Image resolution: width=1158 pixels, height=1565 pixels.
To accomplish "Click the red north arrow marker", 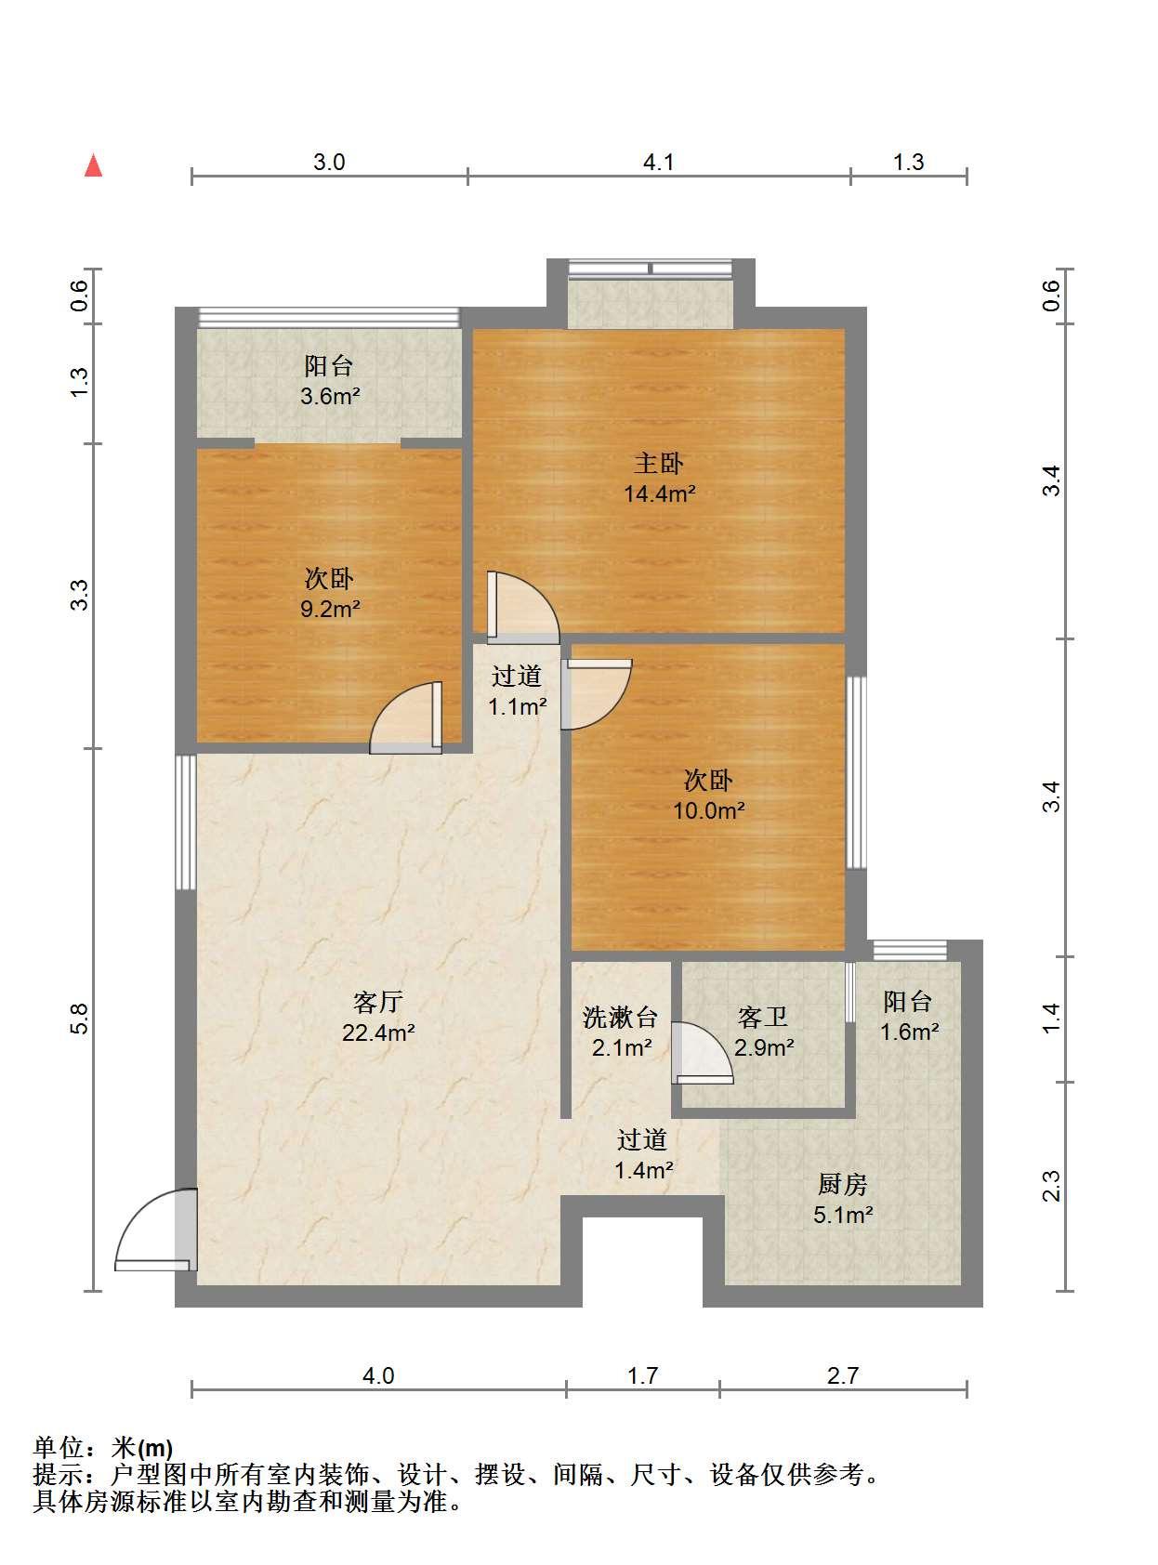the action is tap(93, 165).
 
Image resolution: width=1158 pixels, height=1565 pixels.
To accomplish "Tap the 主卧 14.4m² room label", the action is tap(659, 479).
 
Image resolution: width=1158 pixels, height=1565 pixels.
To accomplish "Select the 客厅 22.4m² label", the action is tap(378, 1017).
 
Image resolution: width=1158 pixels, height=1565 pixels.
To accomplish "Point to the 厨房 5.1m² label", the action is tap(843, 1199).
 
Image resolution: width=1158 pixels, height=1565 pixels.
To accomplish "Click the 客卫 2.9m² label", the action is tap(764, 1032).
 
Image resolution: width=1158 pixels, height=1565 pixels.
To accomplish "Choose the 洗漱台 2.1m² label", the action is tap(620, 1032).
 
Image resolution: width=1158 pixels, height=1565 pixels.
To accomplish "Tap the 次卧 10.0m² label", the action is tap(708, 796).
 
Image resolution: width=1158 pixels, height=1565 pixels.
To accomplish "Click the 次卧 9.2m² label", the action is tap(330, 594).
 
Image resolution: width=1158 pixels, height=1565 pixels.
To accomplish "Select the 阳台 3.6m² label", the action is tap(330, 381).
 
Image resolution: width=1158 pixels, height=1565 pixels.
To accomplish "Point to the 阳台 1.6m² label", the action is tap(909, 1017).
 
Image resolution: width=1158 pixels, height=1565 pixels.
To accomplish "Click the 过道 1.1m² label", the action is tap(518, 690).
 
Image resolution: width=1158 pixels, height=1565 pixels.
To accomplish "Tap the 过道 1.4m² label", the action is tap(643, 1154).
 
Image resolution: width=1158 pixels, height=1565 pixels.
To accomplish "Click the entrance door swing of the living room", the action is tap(151, 1230).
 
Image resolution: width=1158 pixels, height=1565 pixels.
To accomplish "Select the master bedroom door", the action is tap(523, 608).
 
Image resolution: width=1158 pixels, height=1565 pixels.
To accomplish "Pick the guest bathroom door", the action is tap(702, 1053).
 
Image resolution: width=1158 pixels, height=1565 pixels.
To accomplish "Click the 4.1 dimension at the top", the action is tap(658, 163).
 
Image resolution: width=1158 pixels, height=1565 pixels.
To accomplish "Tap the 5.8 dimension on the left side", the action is tap(81, 1019).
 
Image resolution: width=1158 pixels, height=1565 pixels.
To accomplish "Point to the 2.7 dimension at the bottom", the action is tap(843, 1375).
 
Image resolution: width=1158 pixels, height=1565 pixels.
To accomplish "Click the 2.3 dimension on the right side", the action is tap(1051, 1186).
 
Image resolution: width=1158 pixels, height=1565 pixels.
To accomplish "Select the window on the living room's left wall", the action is tap(186, 822).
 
